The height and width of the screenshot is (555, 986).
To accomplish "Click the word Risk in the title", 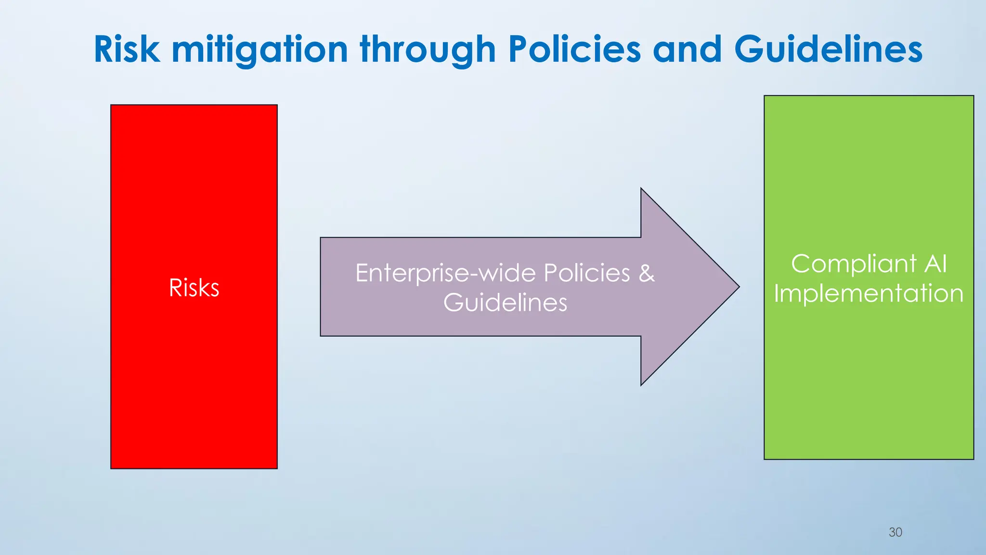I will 127,49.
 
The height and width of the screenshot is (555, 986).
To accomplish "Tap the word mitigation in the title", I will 260,50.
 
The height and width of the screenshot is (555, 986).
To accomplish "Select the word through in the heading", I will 428,50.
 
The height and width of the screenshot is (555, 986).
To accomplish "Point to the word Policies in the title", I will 574,49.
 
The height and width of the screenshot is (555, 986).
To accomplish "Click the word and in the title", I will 688,49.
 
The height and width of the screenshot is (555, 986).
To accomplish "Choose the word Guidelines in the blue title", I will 828,49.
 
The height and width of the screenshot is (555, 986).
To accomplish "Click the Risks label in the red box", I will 194,288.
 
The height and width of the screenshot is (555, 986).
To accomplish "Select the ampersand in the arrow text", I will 647,273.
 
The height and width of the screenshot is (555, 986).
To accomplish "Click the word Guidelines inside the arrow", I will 505,303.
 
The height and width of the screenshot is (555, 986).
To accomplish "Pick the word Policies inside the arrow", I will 586,273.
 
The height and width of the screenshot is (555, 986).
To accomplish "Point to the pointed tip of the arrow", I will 739,287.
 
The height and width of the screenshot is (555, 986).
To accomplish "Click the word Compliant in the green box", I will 854,264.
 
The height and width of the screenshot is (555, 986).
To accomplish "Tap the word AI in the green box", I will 935,264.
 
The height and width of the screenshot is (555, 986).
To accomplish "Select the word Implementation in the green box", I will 869,293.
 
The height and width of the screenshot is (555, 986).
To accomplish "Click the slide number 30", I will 895,532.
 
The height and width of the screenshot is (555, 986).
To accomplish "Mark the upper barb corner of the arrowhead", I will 641,188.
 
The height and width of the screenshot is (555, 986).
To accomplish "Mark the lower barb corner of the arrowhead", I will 641,385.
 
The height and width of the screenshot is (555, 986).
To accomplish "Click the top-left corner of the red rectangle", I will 111,105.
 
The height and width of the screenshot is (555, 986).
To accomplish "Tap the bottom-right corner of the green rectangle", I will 973,459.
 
